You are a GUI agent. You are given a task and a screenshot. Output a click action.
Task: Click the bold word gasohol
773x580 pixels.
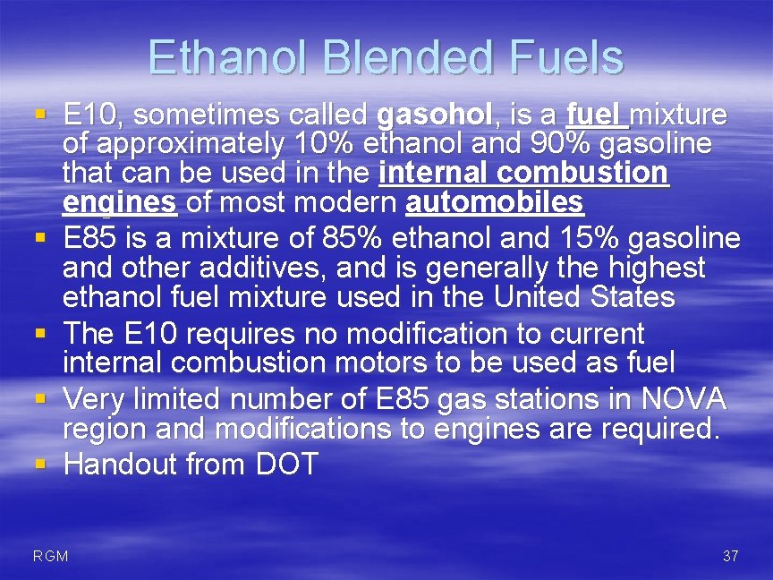click(435, 115)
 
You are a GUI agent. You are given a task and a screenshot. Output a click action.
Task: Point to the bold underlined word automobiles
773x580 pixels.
click(495, 203)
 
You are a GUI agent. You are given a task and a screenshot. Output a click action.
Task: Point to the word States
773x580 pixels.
click(631, 296)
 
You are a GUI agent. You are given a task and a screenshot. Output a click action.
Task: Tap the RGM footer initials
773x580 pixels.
click(50, 557)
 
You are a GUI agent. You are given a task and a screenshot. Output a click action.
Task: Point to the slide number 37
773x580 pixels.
click(730, 557)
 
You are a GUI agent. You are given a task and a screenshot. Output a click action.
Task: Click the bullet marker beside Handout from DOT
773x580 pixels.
click(40, 464)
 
